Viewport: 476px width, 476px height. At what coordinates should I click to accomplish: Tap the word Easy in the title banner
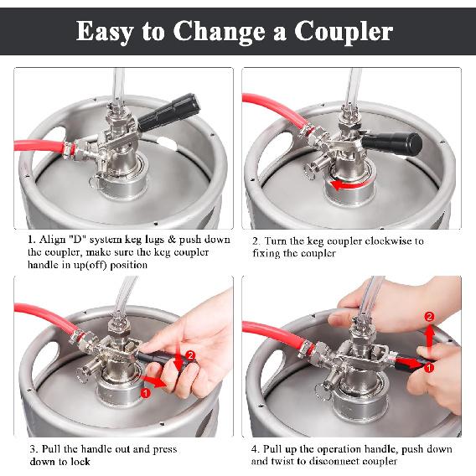(110, 31)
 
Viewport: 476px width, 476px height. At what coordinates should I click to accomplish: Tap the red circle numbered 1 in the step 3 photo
(146, 391)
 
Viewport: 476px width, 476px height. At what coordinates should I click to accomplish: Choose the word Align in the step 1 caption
(53, 240)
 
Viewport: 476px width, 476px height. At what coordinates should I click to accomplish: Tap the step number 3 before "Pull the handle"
(31, 449)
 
